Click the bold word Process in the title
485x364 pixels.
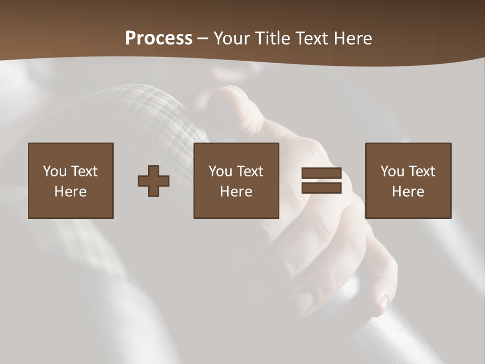coord(159,38)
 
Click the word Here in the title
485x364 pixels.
coord(354,38)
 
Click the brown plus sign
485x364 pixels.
coord(154,181)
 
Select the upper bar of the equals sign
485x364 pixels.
coord(321,173)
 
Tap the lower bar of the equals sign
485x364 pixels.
coord(321,188)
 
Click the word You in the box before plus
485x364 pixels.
coord(55,171)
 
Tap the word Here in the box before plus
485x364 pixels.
coord(71,192)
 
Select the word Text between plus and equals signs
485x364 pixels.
coord(250,171)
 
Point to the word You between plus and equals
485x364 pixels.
coord(220,171)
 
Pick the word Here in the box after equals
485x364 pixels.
coord(408,192)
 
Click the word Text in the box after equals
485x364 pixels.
coord(422,171)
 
